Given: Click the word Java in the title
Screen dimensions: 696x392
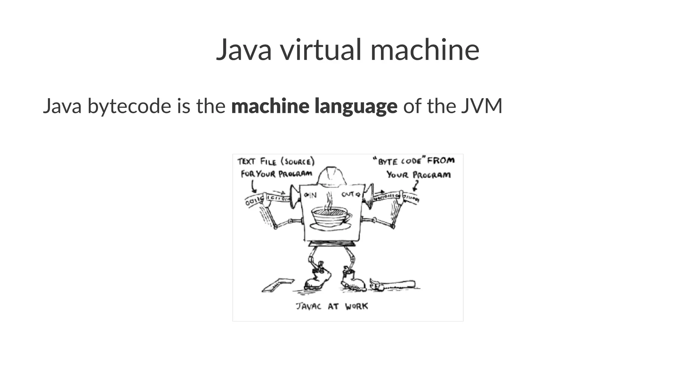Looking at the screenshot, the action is coord(244,50).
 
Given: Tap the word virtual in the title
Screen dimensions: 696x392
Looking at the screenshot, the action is coord(321,50).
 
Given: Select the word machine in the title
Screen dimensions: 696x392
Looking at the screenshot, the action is coord(424,50).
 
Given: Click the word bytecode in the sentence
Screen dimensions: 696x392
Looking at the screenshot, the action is coord(129,106).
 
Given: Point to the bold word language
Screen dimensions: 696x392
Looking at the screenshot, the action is coord(356,106).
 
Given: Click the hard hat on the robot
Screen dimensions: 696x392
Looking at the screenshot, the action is coord(331,176).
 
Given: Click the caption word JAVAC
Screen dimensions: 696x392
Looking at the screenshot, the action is coord(308,306).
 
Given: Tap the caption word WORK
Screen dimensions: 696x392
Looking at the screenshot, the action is coord(356,306).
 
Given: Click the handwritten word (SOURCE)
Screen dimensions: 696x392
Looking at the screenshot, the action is coord(298,161).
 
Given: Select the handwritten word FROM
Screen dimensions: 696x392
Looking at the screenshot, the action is coord(441,160).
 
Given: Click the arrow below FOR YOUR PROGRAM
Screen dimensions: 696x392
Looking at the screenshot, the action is coord(253,186).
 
